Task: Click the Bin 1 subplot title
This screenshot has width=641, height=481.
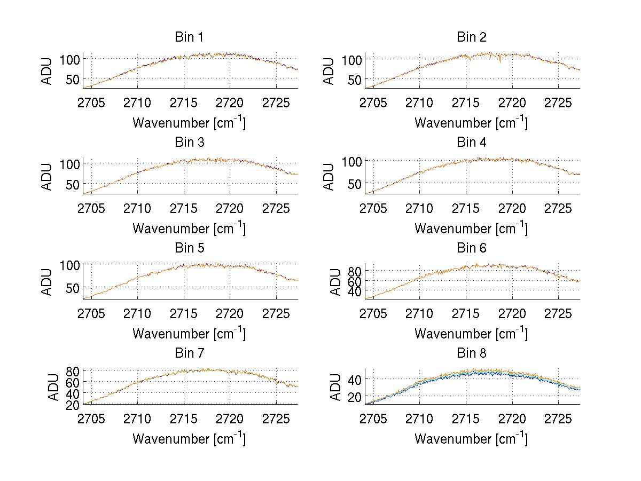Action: tap(189, 37)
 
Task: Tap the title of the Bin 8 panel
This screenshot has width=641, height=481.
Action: tap(471, 353)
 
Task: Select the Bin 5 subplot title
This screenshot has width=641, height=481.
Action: tap(189, 248)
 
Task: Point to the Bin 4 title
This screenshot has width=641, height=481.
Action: tap(471, 143)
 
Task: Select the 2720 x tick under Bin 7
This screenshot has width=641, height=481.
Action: tap(230, 418)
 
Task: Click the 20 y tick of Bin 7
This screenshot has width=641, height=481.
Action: tap(73, 404)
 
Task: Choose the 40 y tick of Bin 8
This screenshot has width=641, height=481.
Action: tap(355, 379)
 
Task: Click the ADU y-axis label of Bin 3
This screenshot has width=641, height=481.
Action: tap(48, 176)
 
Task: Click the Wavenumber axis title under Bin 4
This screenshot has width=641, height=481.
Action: tap(471, 228)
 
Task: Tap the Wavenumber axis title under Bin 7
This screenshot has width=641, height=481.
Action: tap(189, 439)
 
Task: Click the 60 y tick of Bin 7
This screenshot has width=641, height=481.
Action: tap(73, 382)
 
